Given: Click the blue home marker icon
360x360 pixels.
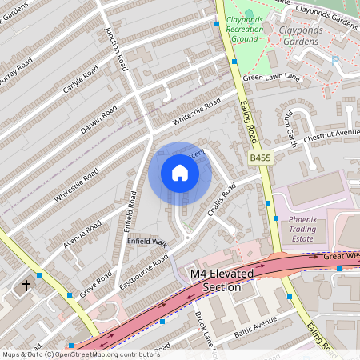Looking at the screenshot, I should click(180, 173).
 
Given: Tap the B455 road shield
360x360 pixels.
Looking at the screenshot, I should click(261, 158).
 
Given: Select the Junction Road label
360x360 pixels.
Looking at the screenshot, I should click(117, 48).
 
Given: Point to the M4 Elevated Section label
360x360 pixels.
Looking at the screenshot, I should click(222, 280).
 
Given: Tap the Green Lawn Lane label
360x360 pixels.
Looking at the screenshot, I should click(270, 78).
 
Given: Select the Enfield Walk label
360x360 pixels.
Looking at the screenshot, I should click(146, 242).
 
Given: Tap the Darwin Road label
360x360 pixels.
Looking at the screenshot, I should click(98, 119).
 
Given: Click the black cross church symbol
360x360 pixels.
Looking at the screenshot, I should click(26, 285).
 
